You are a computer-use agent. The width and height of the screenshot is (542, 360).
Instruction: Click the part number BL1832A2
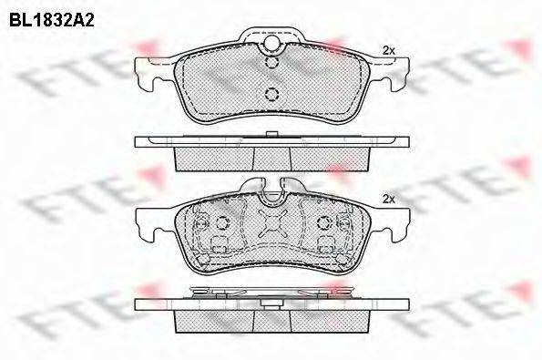pos(52,20)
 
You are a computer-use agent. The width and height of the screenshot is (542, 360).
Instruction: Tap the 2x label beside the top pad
pos(389,50)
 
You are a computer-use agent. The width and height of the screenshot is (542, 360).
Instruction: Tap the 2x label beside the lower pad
pos(389,200)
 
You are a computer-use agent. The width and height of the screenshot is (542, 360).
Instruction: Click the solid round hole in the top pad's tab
pos(271,43)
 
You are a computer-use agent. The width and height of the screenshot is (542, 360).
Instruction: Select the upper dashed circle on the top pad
pos(271,62)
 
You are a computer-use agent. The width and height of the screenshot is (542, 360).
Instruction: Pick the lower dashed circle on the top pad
pos(271,94)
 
